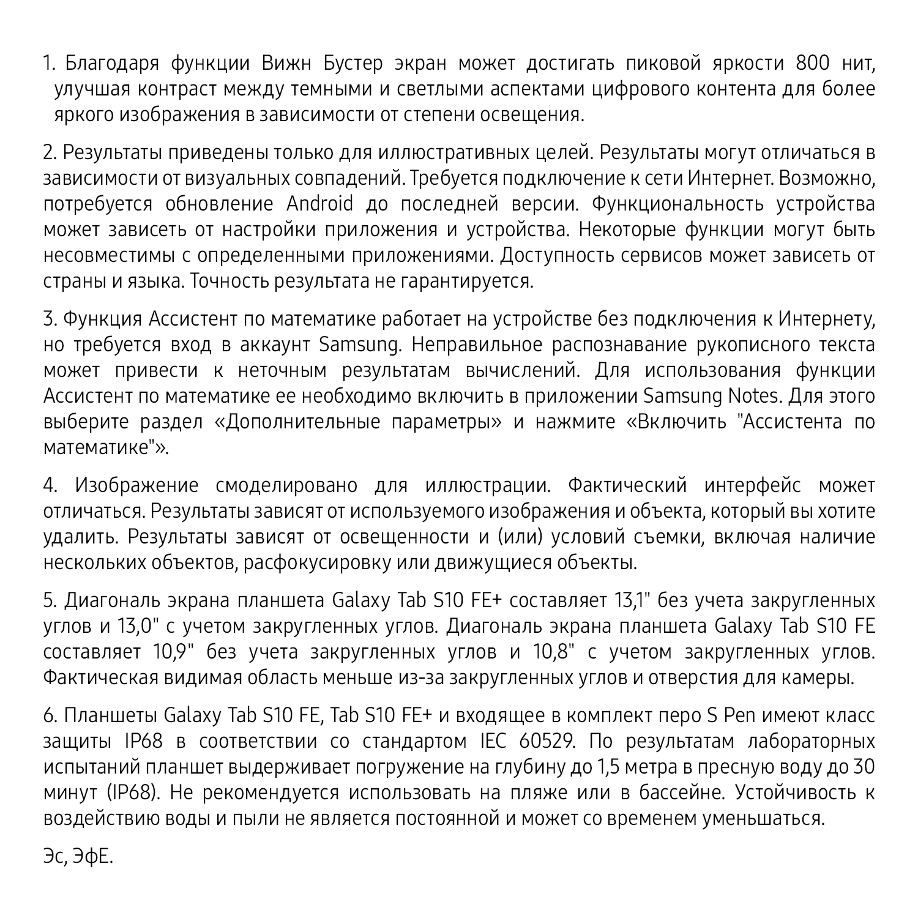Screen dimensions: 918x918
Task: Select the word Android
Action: (x=320, y=204)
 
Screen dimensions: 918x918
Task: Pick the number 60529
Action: (x=547, y=741)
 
